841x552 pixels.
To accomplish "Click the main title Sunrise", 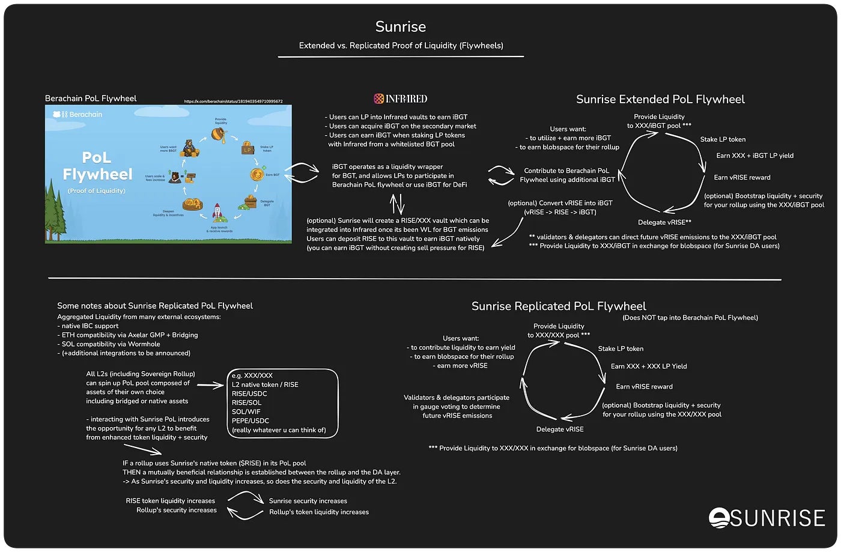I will pos(401,27).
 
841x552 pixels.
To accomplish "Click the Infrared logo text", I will pos(401,99).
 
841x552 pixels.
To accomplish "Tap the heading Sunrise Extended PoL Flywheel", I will pos(660,100).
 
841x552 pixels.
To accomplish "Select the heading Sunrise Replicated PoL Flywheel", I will pos(559,306).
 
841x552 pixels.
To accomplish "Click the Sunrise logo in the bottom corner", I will pos(767,518).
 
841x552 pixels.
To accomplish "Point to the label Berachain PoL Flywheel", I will pos(91,99).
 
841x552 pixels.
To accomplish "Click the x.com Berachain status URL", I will pos(233,102).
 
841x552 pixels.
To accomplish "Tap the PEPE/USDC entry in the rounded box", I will pos(250,420).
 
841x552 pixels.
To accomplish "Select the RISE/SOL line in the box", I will pos(246,402).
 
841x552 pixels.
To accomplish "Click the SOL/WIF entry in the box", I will pos(246,411).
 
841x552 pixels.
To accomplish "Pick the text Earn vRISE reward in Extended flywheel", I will pos(742,178).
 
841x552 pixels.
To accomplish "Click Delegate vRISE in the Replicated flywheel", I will pos(560,429).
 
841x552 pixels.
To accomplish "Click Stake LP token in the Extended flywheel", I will pos(723,139).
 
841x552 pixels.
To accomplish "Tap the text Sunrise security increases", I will pos(308,501).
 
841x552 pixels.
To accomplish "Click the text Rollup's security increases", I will pos(177,510).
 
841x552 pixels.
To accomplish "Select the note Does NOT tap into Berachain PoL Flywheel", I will pos(690,318).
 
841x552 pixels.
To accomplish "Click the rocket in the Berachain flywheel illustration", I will pos(218,213).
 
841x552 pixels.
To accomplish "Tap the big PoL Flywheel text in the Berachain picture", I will pos(97,166).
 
